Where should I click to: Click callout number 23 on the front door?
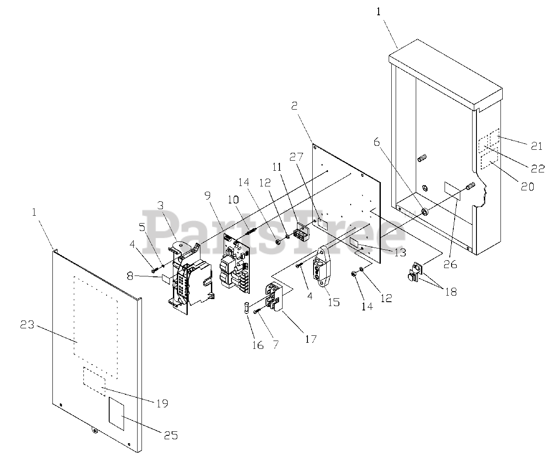point(28,325)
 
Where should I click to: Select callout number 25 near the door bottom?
point(171,435)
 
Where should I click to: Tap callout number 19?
point(162,403)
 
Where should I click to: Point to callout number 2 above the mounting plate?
point(294,106)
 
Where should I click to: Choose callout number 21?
point(536,146)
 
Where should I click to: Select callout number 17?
point(311,338)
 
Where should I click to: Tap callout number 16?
point(258,345)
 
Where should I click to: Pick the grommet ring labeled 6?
point(424,212)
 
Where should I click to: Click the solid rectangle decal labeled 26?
point(452,191)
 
